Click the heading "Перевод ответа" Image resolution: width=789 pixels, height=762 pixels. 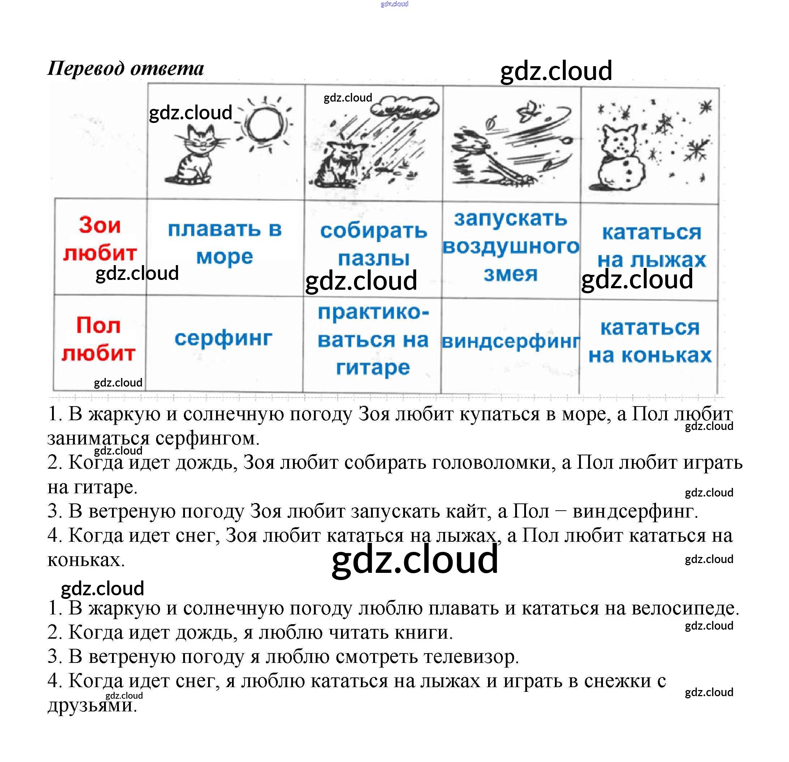point(126,68)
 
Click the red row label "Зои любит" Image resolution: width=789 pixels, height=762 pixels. point(100,239)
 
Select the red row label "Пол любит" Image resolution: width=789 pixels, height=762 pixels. point(99,339)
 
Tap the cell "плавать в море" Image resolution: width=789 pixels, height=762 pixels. point(225,243)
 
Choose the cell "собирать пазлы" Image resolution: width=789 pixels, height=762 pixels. point(373,244)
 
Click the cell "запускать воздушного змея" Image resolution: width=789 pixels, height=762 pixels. point(510,246)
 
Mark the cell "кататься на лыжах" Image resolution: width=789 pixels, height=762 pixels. point(651,246)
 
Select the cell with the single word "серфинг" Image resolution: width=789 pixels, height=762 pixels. point(223,338)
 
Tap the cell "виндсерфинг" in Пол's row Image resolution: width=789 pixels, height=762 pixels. point(510,342)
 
